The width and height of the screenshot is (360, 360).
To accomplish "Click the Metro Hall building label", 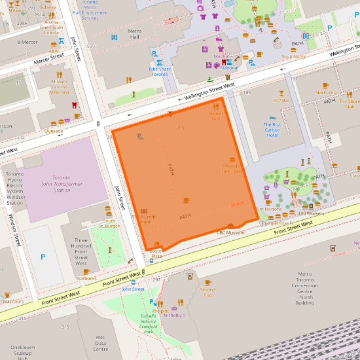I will tap(135, 34).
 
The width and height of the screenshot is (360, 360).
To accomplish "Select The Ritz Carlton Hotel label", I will tap(272, 130).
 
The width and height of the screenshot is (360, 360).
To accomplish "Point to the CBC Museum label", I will tap(230, 232).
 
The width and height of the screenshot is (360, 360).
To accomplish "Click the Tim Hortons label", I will tap(268, 209).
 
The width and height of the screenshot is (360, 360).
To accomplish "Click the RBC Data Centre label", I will tap(100, 344).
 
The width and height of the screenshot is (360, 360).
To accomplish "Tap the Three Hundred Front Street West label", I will tap(81, 252).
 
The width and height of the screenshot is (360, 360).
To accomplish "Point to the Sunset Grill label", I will tap(216, 116).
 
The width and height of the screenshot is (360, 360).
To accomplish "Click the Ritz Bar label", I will tap(281, 100).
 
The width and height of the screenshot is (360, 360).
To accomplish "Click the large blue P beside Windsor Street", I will tap(43, 258).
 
